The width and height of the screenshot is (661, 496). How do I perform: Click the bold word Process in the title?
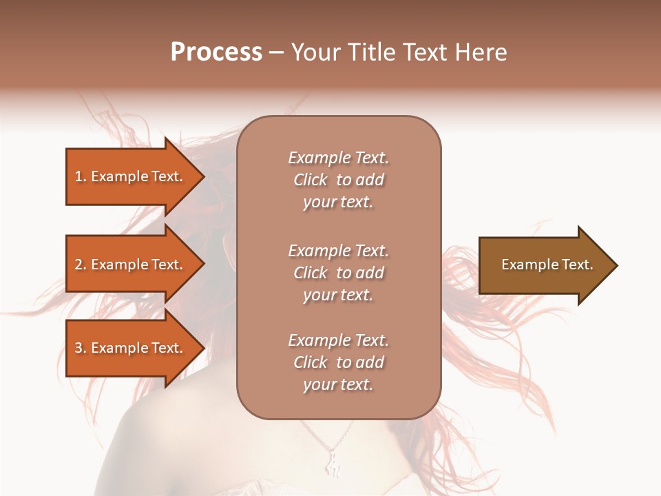(x=216, y=52)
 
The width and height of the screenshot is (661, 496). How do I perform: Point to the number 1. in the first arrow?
(x=81, y=176)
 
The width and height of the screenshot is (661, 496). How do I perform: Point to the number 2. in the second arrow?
(x=81, y=265)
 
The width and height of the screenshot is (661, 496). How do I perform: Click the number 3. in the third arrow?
(x=81, y=348)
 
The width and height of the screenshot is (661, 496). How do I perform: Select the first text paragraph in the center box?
(x=338, y=180)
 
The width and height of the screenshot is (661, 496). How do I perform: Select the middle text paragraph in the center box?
(x=338, y=273)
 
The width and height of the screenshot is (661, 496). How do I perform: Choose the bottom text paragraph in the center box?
(x=338, y=362)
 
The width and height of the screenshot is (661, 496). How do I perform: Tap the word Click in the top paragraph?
(x=310, y=180)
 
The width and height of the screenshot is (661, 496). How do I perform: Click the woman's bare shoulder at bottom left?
(x=158, y=441)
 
